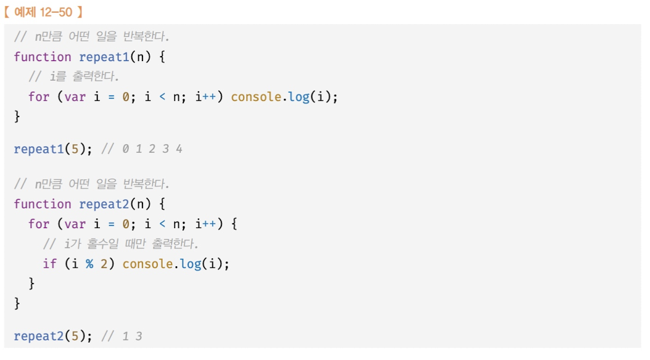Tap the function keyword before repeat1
(43, 57)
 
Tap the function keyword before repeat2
(43, 205)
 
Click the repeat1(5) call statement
(49, 149)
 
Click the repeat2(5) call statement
(49, 337)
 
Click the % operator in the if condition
(89, 264)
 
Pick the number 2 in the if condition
(104, 264)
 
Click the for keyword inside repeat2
(39, 224)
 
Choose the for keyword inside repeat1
(39, 97)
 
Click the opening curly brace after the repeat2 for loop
(234, 224)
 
